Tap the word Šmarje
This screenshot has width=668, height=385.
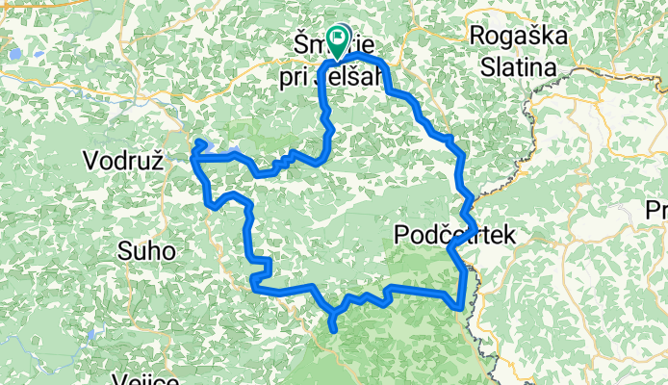(x=318, y=43)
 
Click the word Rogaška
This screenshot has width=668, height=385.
(x=516, y=35)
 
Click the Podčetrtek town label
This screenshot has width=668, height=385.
(x=455, y=235)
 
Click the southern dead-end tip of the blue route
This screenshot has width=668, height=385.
(x=334, y=330)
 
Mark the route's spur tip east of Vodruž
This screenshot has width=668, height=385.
(x=200, y=142)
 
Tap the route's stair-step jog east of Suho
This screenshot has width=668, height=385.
(x=261, y=268)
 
